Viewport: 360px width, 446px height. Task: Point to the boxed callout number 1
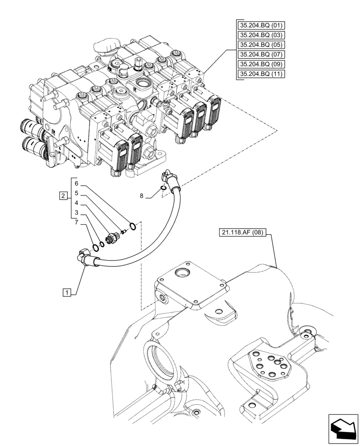click(x=66, y=293)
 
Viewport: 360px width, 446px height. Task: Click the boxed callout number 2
click(x=63, y=196)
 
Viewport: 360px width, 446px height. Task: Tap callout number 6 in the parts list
click(x=76, y=184)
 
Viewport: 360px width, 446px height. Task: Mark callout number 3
click(x=76, y=213)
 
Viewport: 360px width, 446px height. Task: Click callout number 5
click(x=76, y=194)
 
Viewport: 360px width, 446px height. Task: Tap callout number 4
click(x=76, y=203)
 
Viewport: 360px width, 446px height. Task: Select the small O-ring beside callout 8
click(x=164, y=189)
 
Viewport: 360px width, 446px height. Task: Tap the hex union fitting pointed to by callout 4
click(x=111, y=237)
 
